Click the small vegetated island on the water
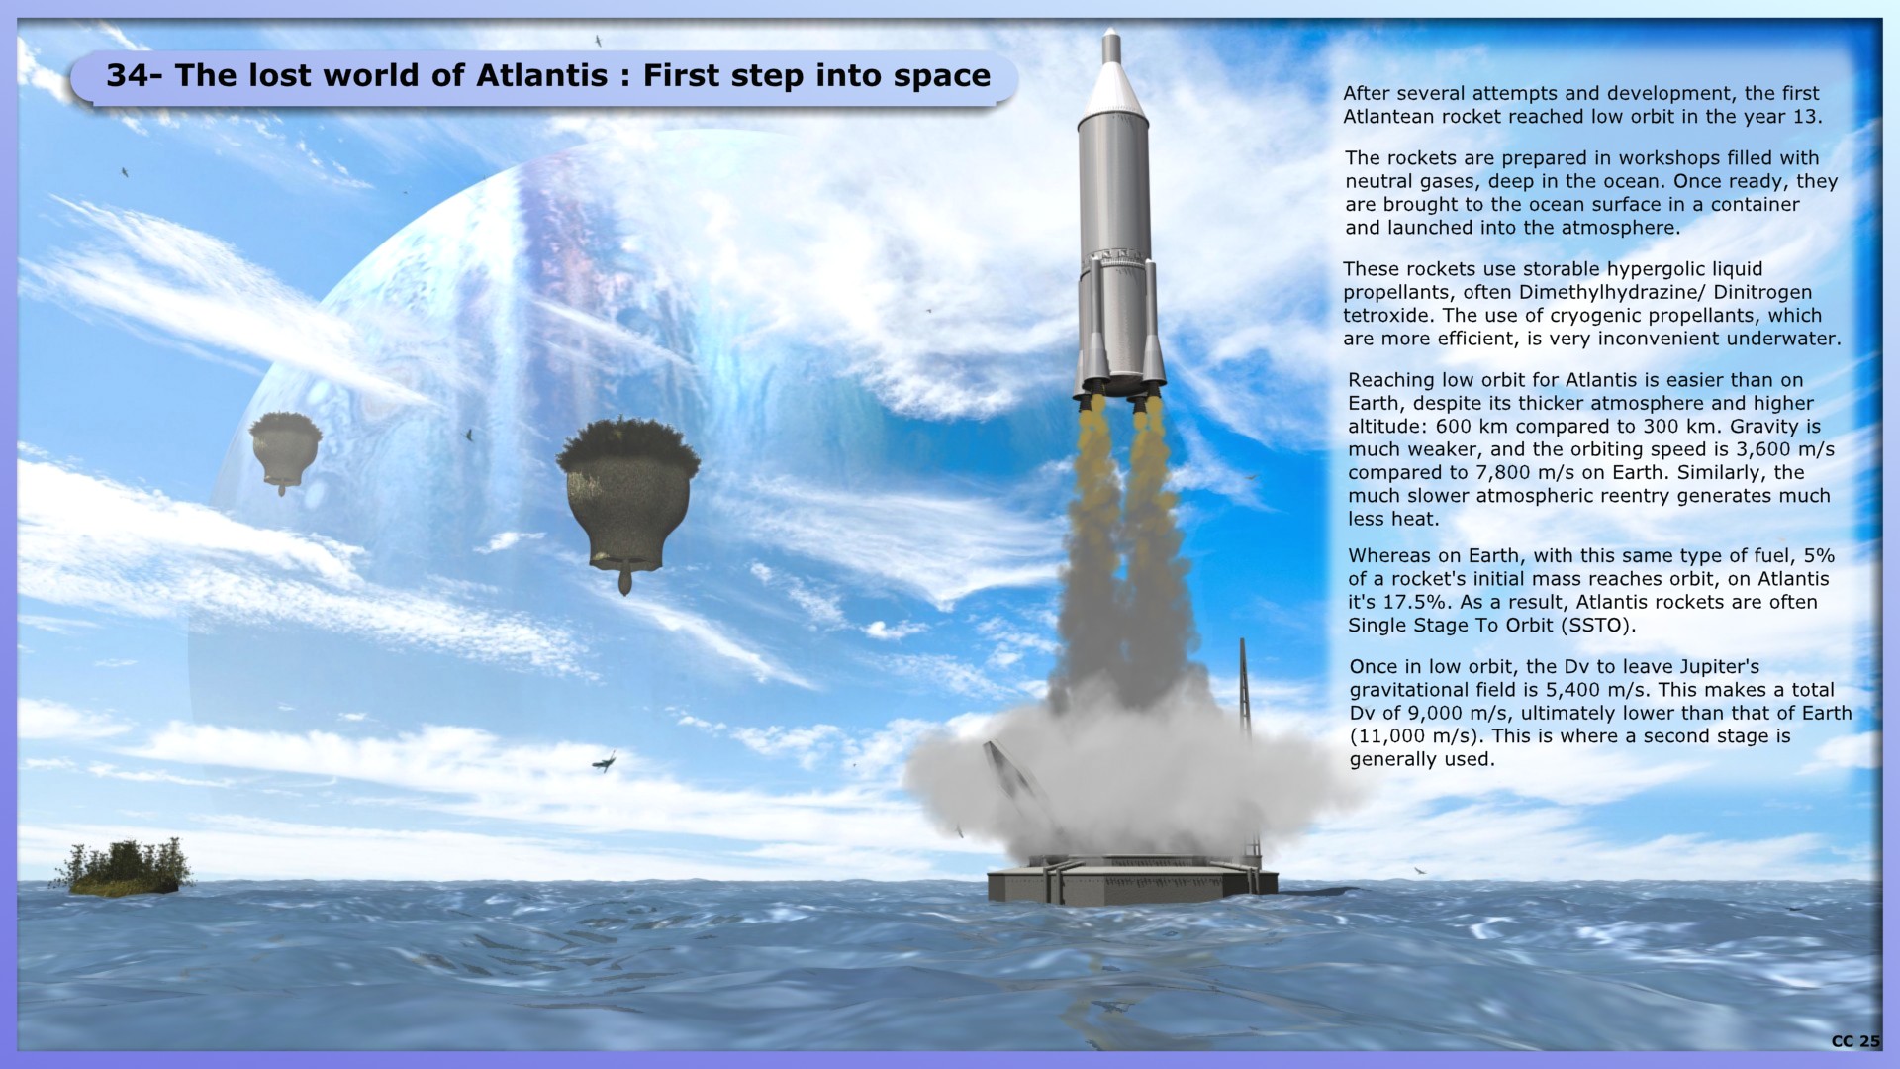126,868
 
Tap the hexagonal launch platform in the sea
1132,880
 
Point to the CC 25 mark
1854,1041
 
